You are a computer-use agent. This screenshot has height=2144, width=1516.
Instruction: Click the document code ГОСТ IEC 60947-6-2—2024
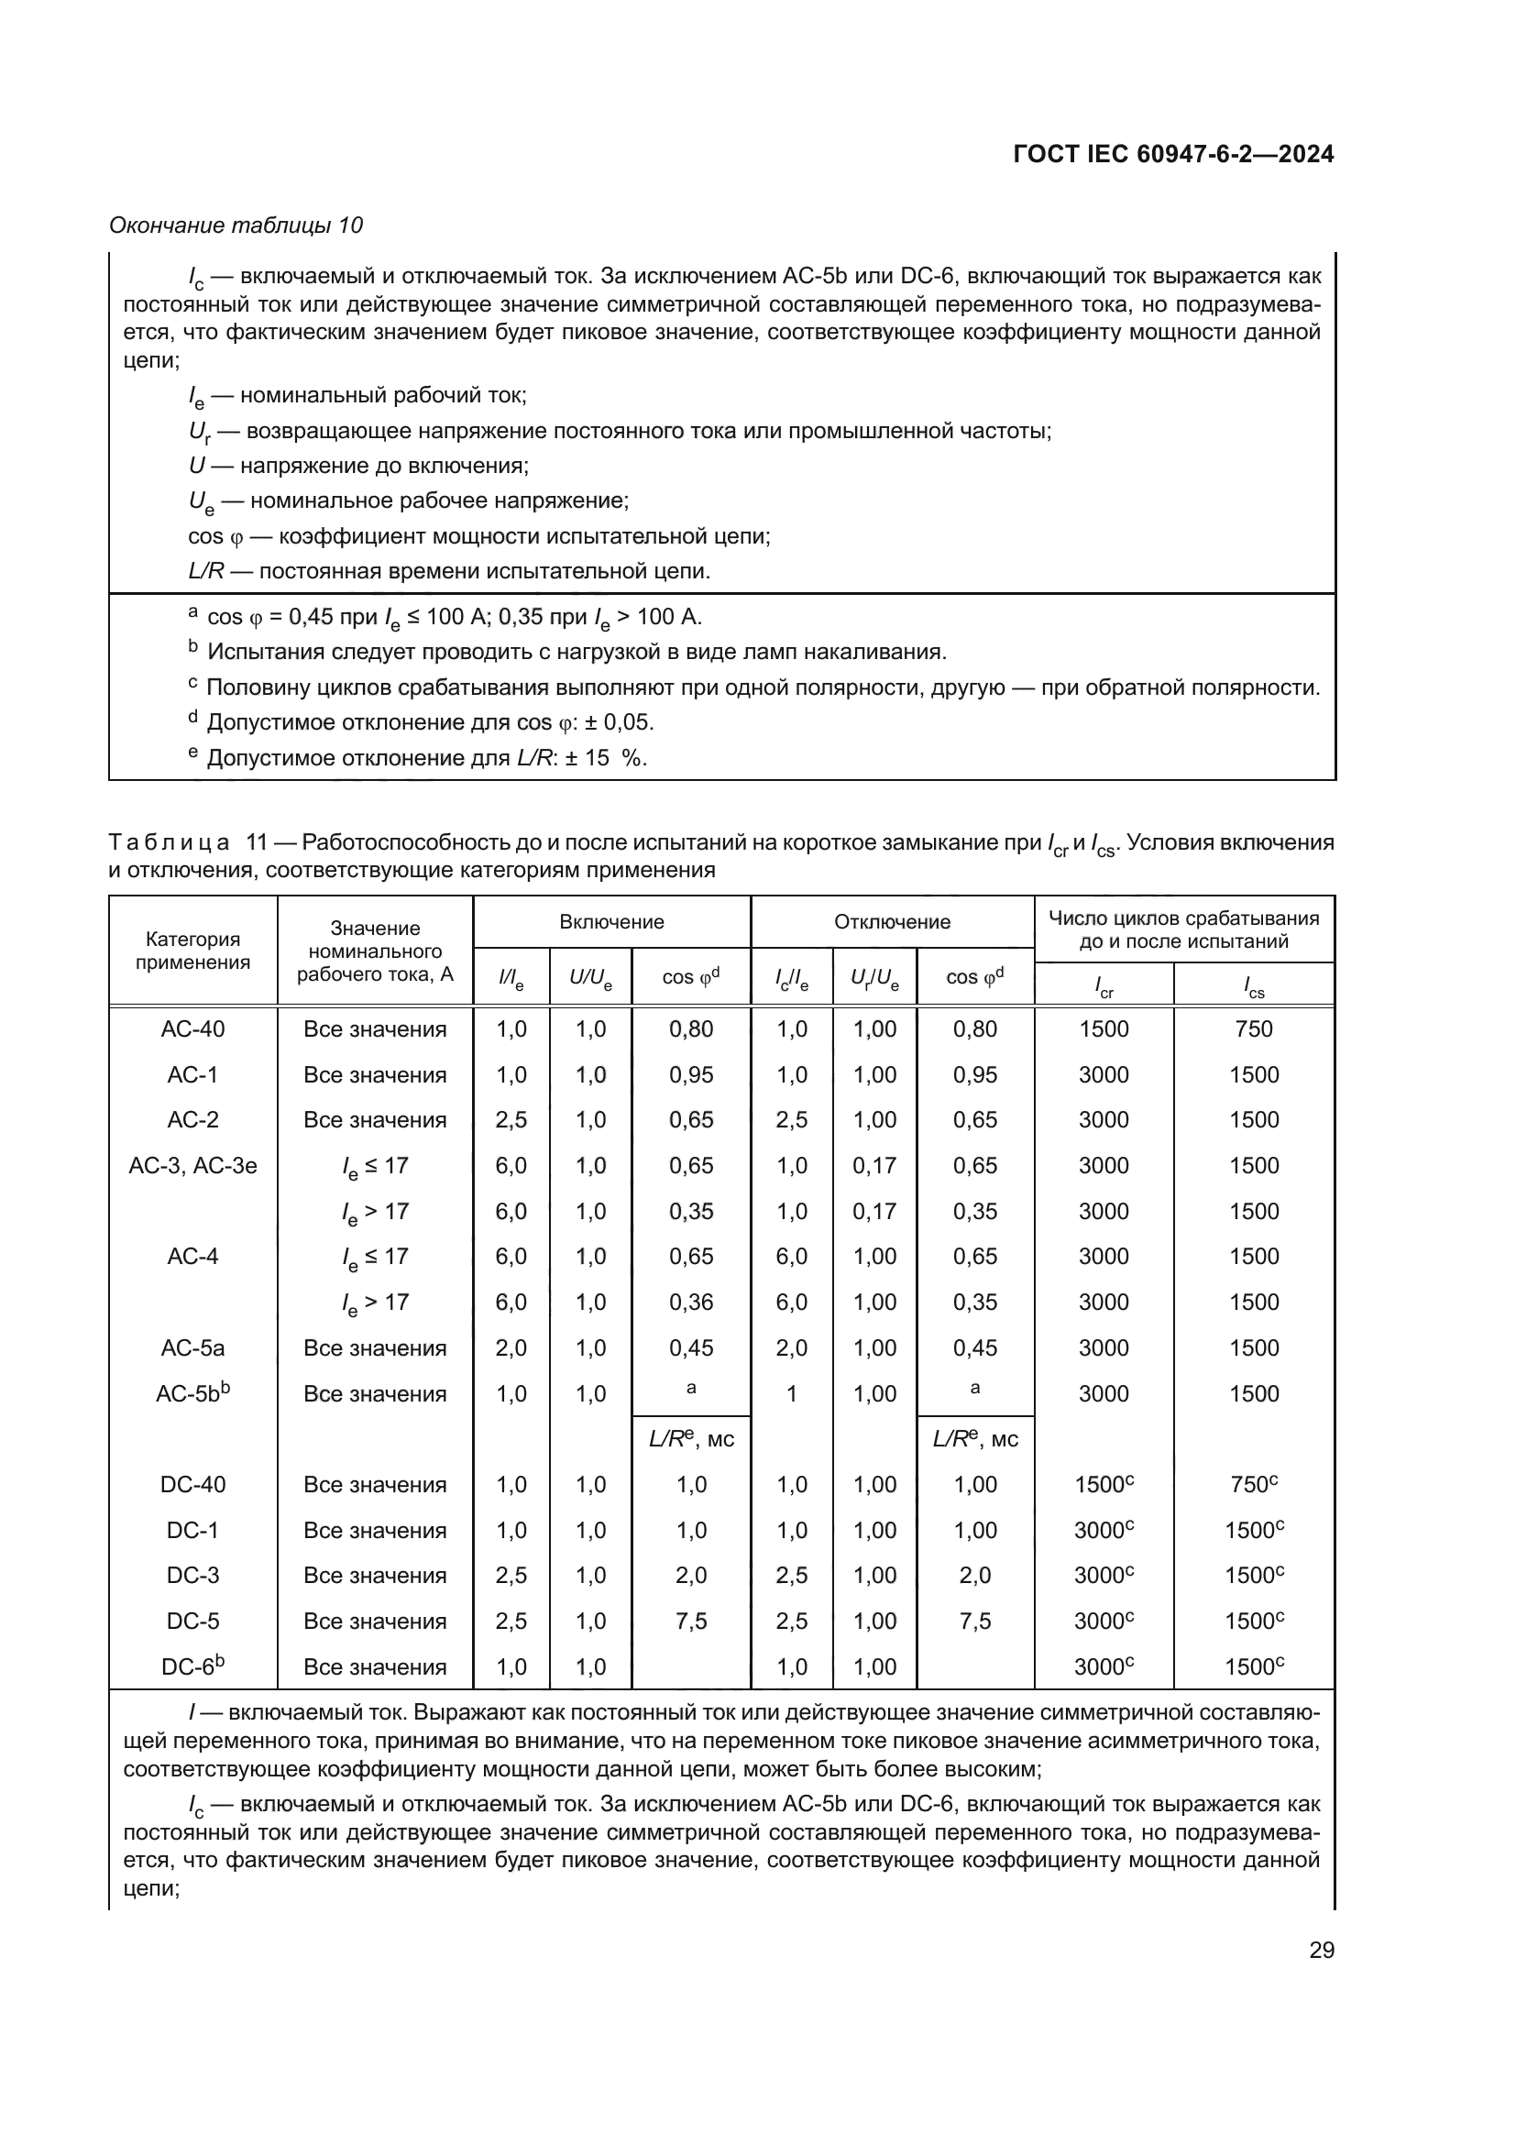tap(1172, 154)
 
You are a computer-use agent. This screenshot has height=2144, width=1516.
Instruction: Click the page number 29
tap(1321, 1950)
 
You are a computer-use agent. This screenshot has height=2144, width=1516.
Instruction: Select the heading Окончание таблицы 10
tap(236, 225)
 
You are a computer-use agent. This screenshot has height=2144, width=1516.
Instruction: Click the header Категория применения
tap(192, 951)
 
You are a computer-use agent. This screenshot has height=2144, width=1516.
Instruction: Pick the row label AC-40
tap(192, 1029)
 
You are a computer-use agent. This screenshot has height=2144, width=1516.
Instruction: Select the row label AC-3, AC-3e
tap(192, 1165)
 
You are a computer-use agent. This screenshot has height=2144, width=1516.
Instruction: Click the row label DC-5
tap(192, 1622)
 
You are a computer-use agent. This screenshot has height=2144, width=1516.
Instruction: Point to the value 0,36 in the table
tap(691, 1302)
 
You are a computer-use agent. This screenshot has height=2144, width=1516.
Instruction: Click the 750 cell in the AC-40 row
tap(1253, 1029)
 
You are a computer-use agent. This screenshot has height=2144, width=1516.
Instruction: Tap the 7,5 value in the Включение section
tap(691, 1622)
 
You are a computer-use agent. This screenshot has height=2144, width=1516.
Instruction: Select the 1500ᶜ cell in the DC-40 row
tap(1104, 1485)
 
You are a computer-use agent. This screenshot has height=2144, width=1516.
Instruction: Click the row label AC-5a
tap(192, 1347)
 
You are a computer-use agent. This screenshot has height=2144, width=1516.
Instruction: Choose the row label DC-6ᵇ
tap(192, 1666)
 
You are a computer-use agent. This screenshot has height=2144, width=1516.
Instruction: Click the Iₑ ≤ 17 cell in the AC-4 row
tap(374, 1257)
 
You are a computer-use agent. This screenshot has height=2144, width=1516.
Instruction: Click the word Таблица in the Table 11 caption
tap(169, 842)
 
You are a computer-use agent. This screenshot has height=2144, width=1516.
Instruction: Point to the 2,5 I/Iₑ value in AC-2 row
tap(511, 1119)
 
